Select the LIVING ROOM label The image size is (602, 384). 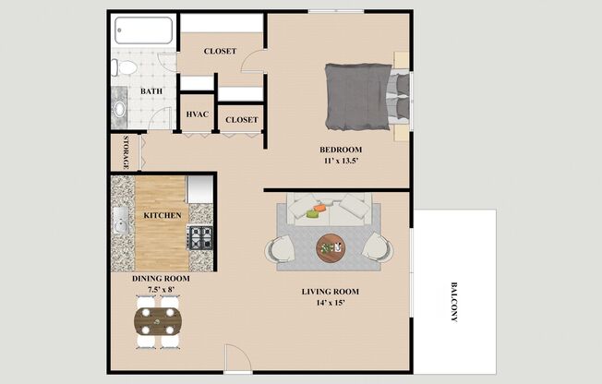[330, 292]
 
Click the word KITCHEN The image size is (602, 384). [163, 215]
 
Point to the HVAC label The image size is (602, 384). [197, 114]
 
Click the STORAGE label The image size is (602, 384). [126, 152]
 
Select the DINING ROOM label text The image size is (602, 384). [160, 279]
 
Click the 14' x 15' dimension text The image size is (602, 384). [330, 303]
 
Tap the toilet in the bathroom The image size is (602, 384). [125, 67]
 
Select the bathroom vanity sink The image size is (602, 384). [120, 107]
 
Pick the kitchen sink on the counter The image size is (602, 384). [121, 222]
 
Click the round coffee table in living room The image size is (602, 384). [332, 246]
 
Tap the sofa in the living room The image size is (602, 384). [328, 210]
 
